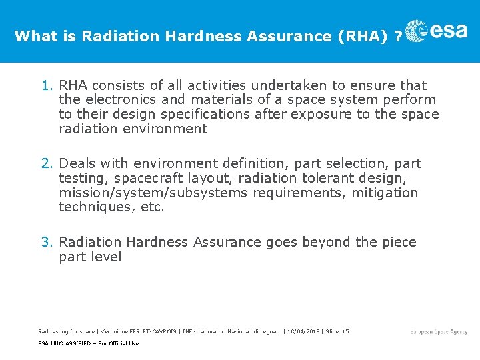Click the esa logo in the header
tap(437, 32)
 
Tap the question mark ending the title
tap(398, 37)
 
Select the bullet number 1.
tap(46, 85)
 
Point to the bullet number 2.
tap(46, 163)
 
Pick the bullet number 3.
tap(46, 242)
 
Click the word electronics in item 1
tap(120, 100)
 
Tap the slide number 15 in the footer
tap(345, 331)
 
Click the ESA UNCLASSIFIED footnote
tap(89, 343)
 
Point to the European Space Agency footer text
tap(439, 332)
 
